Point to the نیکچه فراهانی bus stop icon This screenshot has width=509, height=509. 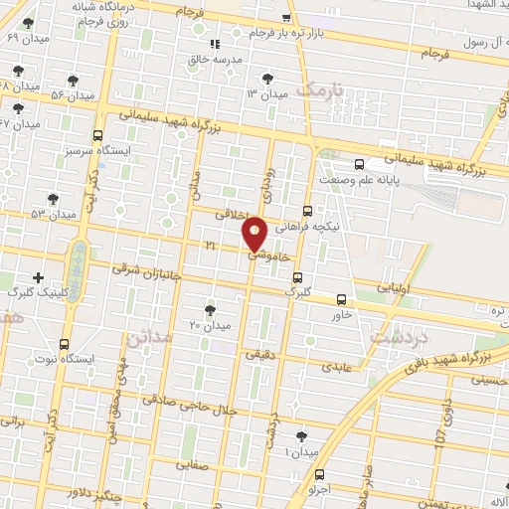pos(307,211)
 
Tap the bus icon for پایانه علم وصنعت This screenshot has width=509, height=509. pos(359,165)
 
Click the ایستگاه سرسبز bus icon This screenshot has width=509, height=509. pos(97,135)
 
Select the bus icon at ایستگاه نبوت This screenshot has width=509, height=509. pos(65,343)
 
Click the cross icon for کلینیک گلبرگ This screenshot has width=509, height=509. pos(39,276)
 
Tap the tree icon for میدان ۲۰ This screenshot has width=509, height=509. pos(209,310)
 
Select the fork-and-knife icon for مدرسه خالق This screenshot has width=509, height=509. pos(214,44)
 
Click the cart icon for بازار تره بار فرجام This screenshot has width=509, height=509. pos(286,18)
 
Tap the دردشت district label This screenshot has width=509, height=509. pos(390,338)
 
